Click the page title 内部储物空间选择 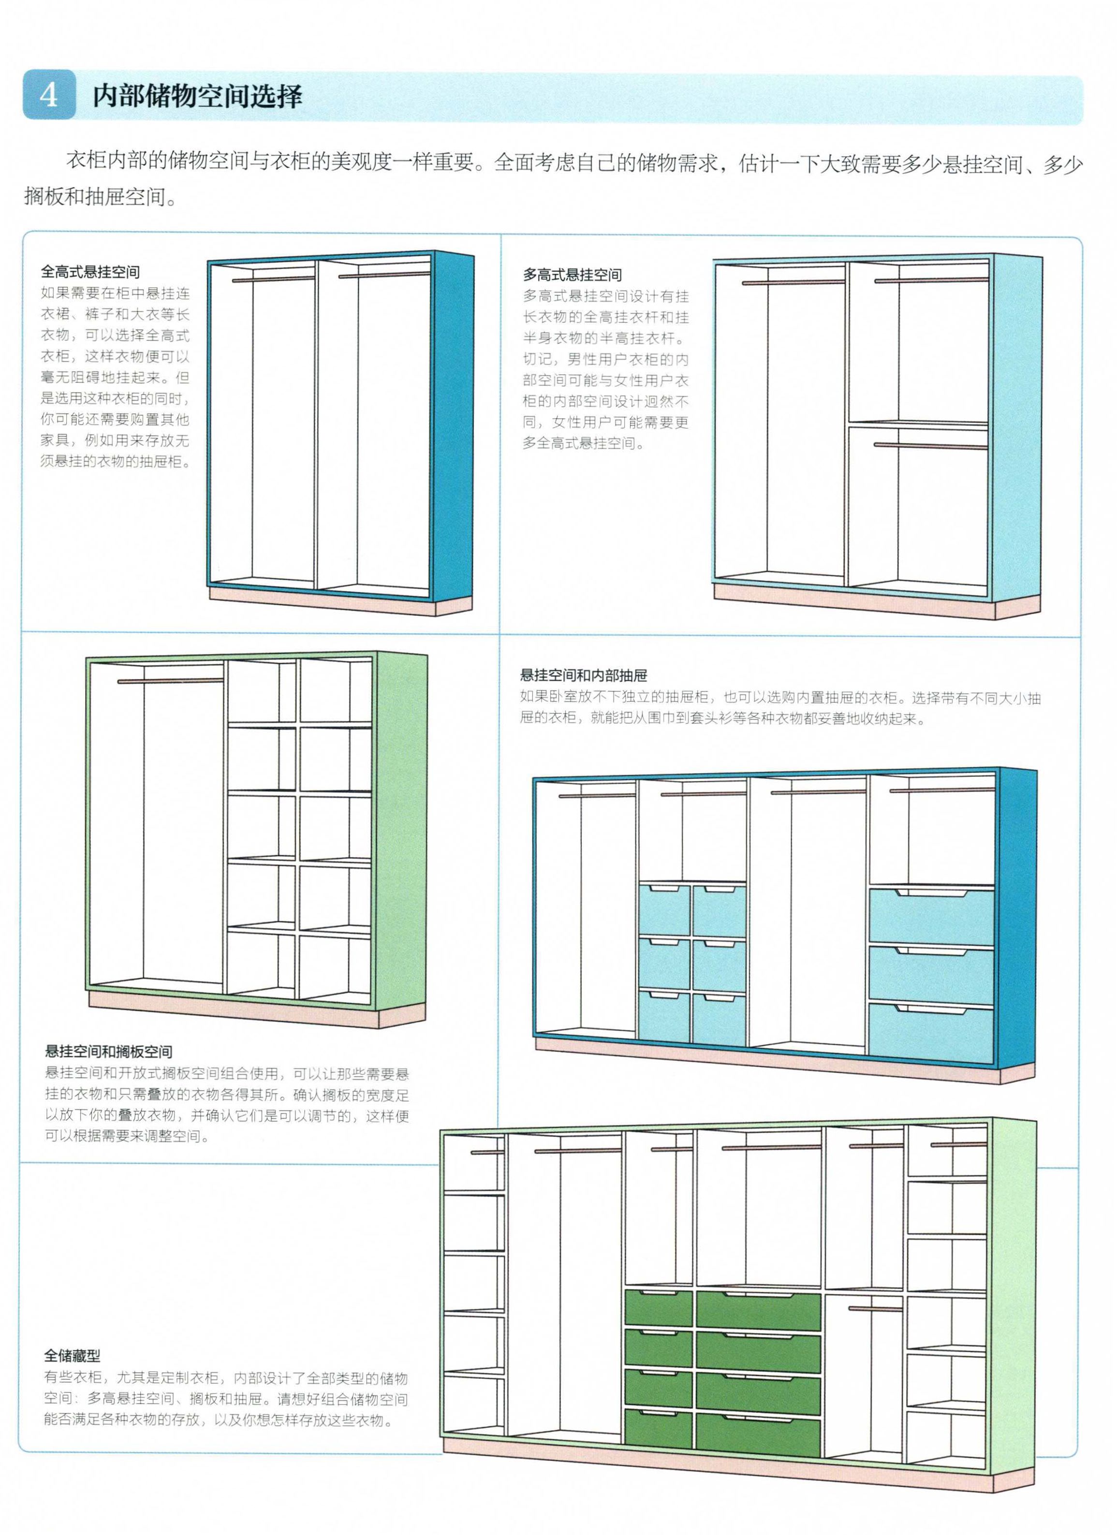click(x=197, y=96)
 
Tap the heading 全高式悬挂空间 click(x=90, y=272)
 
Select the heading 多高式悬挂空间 click(x=572, y=275)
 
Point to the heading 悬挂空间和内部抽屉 click(x=584, y=675)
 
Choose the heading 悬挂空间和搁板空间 click(x=108, y=1051)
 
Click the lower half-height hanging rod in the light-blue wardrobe click(x=930, y=445)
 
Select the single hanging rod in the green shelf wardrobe click(x=171, y=681)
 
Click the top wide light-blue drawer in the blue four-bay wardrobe click(x=931, y=916)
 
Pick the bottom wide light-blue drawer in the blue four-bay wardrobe click(x=931, y=1032)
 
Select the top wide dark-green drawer click(x=759, y=1308)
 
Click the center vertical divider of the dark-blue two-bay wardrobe click(x=316, y=424)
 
